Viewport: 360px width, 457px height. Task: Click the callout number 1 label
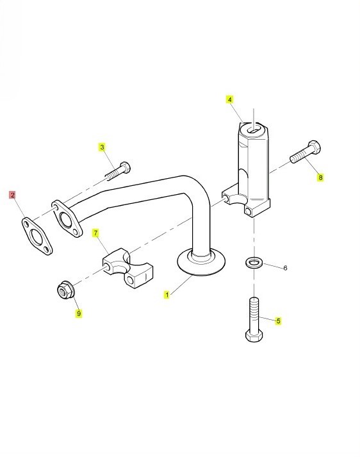point(167,295)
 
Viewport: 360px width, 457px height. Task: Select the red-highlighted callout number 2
point(13,195)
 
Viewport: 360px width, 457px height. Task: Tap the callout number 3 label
point(102,147)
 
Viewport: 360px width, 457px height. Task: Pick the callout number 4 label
point(230,100)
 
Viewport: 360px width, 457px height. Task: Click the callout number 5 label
point(279,321)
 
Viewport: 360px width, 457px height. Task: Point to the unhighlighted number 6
point(285,267)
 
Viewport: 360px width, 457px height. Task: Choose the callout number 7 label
point(95,233)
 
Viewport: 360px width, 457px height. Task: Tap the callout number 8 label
point(320,177)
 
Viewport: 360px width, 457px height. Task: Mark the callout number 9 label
point(79,313)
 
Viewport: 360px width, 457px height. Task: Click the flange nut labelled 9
point(65,290)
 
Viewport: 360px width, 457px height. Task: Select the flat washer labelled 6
point(254,262)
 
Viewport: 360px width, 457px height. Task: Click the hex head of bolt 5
point(254,335)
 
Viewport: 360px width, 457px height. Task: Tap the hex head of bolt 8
point(314,147)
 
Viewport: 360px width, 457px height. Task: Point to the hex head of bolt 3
point(126,167)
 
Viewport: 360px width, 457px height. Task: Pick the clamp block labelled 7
point(128,267)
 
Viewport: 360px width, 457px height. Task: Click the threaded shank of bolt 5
point(254,313)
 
